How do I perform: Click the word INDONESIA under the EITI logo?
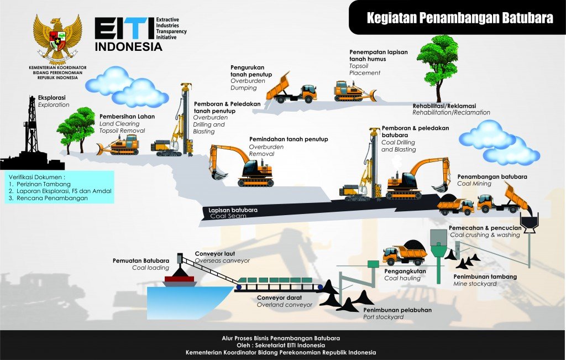click(x=128, y=47)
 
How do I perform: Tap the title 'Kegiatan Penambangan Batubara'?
click(x=460, y=18)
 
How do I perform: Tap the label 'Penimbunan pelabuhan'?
click(x=397, y=310)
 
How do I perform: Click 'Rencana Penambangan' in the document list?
click(x=51, y=197)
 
